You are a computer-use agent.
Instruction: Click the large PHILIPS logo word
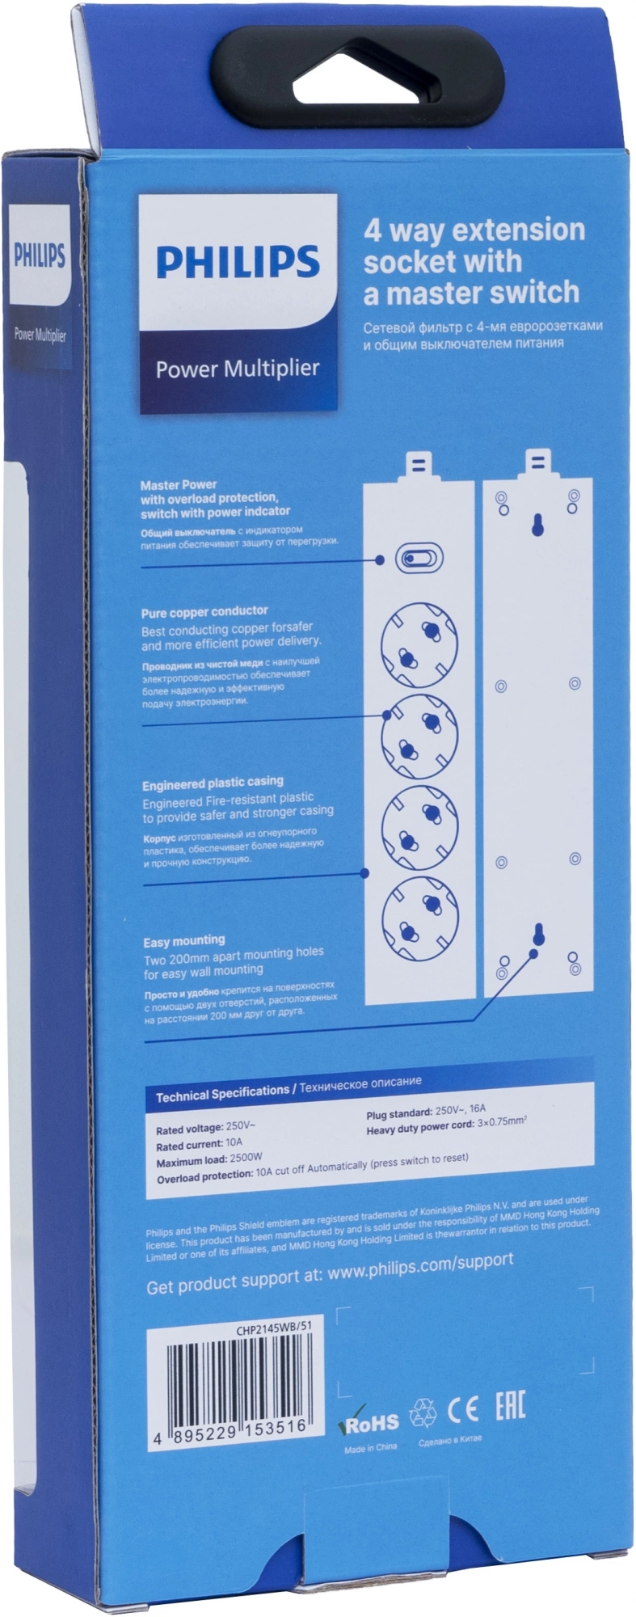[x=238, y=262]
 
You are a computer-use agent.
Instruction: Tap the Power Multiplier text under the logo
[x=238, y=369]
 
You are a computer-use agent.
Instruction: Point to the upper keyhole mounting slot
[x=535, y=524]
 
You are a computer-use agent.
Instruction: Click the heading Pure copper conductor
[x=204, y=611]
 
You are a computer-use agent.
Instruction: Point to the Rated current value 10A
[x=234, y=1143]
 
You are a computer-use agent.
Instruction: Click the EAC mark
[x=510, y=1408]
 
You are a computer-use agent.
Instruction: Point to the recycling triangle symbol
[x=422, y=1413]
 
